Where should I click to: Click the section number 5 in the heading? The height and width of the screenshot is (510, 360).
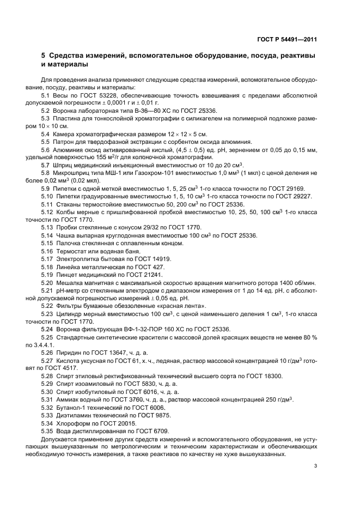coord(44,56)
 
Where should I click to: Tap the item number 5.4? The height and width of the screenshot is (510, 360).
coord(46,134)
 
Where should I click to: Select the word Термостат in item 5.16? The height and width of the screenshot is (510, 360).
coord(73,251)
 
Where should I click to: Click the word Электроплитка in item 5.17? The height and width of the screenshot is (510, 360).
coord(79,259)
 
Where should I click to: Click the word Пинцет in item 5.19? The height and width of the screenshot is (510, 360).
coord(68,275)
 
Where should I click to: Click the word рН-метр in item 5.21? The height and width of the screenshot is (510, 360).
coord(69,290)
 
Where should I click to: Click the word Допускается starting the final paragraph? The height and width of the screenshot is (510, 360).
coord(60,439)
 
